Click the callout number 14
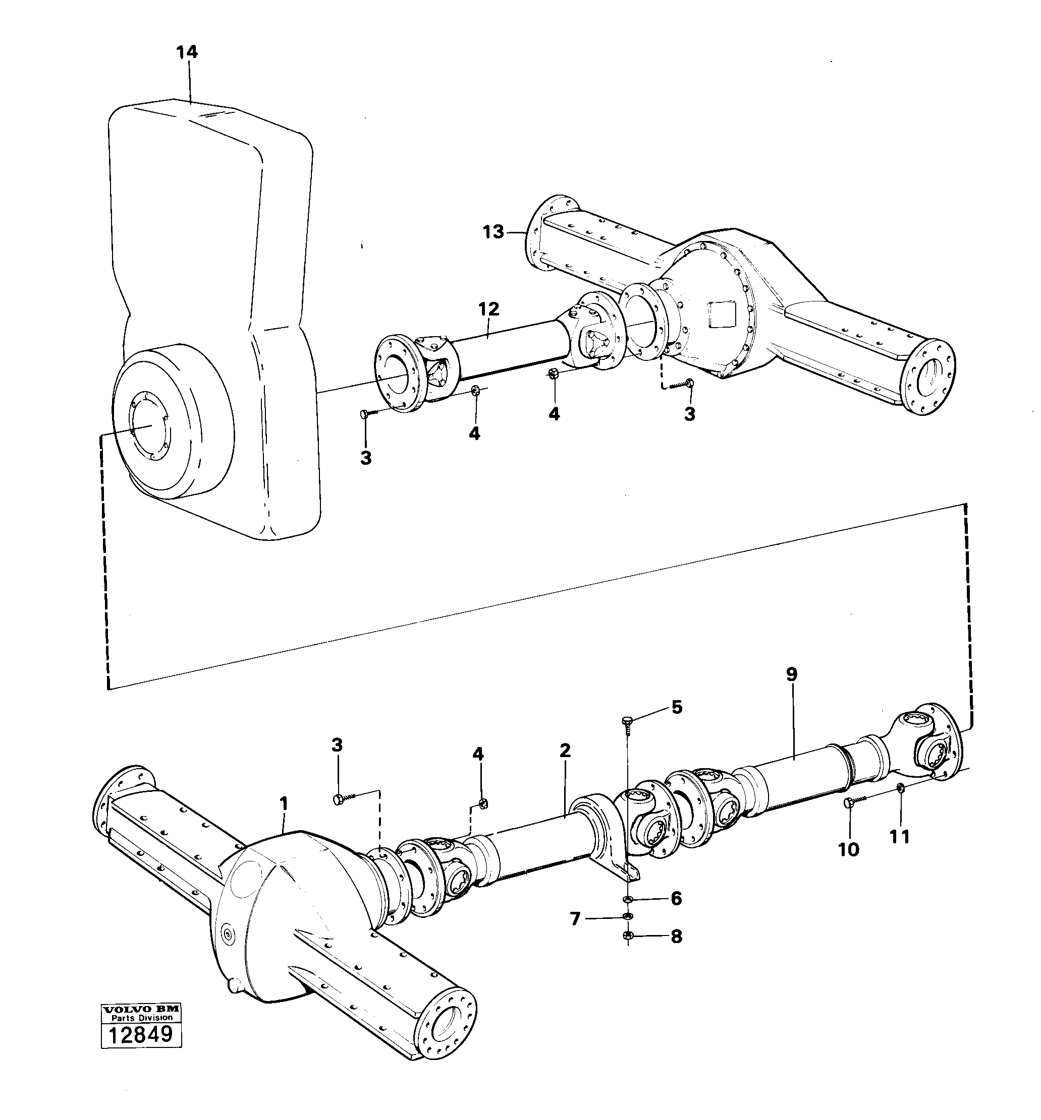(x=187, y=52)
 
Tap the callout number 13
(x=494, y=232)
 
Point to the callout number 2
(x=565, y=750)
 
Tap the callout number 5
(x=676, y=707)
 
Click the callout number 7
(x=575, y=919)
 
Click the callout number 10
(x=848, y=849)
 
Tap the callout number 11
(x=899, y=837)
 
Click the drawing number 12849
(x=141, y=1034)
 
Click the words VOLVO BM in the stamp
(x=141, y=1010)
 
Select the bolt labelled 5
(x=628, y=721)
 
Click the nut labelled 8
(x=628, y=936)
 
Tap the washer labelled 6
(x=628, y=899)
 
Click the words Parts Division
(x=141, y=1018)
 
